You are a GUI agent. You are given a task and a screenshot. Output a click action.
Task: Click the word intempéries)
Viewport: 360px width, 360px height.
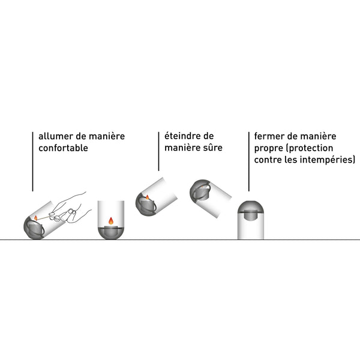[328, 160]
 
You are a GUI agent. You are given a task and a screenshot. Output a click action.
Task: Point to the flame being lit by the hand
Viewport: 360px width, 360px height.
[35, 217]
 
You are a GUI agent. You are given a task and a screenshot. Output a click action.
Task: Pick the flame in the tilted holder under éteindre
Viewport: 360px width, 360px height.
[146, 197]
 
